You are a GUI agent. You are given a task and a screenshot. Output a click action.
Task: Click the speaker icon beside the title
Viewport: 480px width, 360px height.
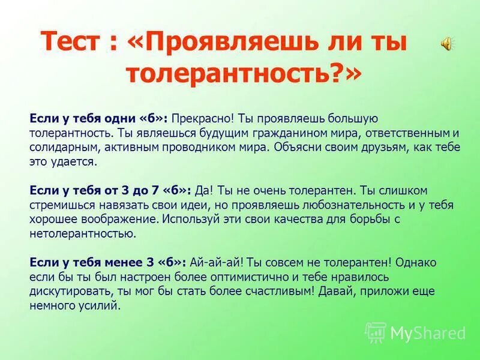(x=447, y=43)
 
